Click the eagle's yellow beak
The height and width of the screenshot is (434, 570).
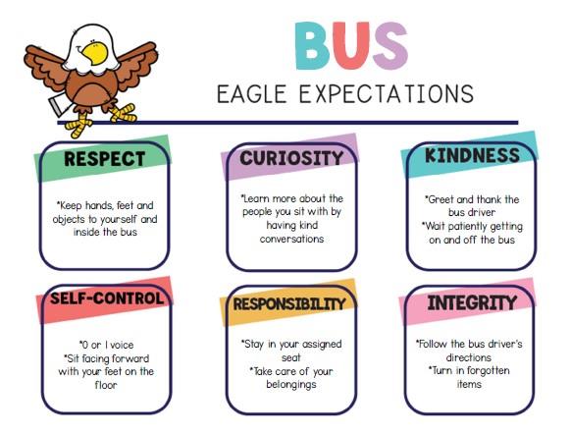[95, 53]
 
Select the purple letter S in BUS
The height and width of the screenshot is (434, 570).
[390, 46]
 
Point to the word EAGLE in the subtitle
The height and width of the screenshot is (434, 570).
[252, 94]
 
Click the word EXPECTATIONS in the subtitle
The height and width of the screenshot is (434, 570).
[387, 93]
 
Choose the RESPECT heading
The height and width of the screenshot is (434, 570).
[105, 159]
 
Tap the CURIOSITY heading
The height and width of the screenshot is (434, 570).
[291, 158]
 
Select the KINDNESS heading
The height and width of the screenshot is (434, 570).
[472, 155]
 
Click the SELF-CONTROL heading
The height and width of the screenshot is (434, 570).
[107, 298]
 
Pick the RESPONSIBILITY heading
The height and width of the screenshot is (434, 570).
[289, 303]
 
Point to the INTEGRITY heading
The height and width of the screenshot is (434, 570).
[472, 302]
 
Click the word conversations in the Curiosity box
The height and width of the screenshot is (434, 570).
[291, 239]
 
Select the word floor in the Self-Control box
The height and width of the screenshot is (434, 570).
[106, 385]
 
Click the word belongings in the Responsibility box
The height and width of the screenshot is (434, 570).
[291, 385]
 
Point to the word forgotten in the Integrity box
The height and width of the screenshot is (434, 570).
[489, 370]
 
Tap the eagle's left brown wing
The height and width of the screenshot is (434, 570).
[45, 69]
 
